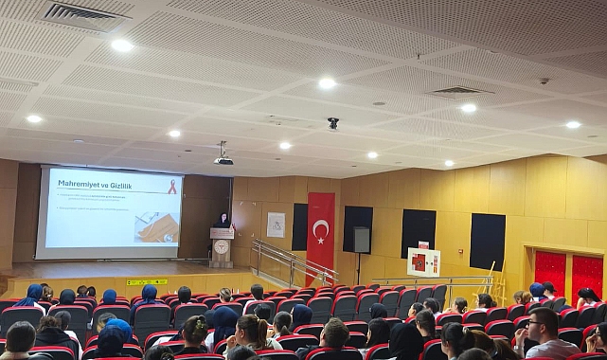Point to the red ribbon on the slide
[x=171, y=187]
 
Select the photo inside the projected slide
[x=157, y=226]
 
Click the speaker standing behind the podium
[x=223, y=221]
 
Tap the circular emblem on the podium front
[x=222, y=247]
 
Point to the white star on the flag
[x=325, y=228]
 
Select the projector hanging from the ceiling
[x=223, y=159]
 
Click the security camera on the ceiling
[x=332, y=122]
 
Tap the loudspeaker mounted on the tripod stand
[x=362, y=240]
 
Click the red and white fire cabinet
[x=423, y=261]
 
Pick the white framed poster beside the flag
[x=276, y=225]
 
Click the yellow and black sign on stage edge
[x=147, y=281]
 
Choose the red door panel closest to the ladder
[x=550, y=270]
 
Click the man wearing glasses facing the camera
[x=544, y=333]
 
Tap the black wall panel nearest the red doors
[x=487, y=241]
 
